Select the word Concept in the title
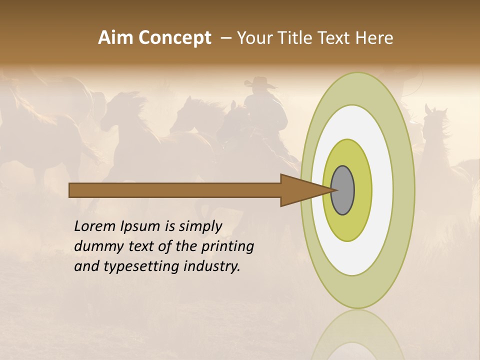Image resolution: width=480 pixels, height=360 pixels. (x=174, y=38)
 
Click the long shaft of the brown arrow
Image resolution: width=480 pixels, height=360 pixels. (x=175, y=190)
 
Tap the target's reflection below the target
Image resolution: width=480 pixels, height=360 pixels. (x=357, y=335)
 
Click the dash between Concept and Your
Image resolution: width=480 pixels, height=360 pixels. (x=225, y=38)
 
